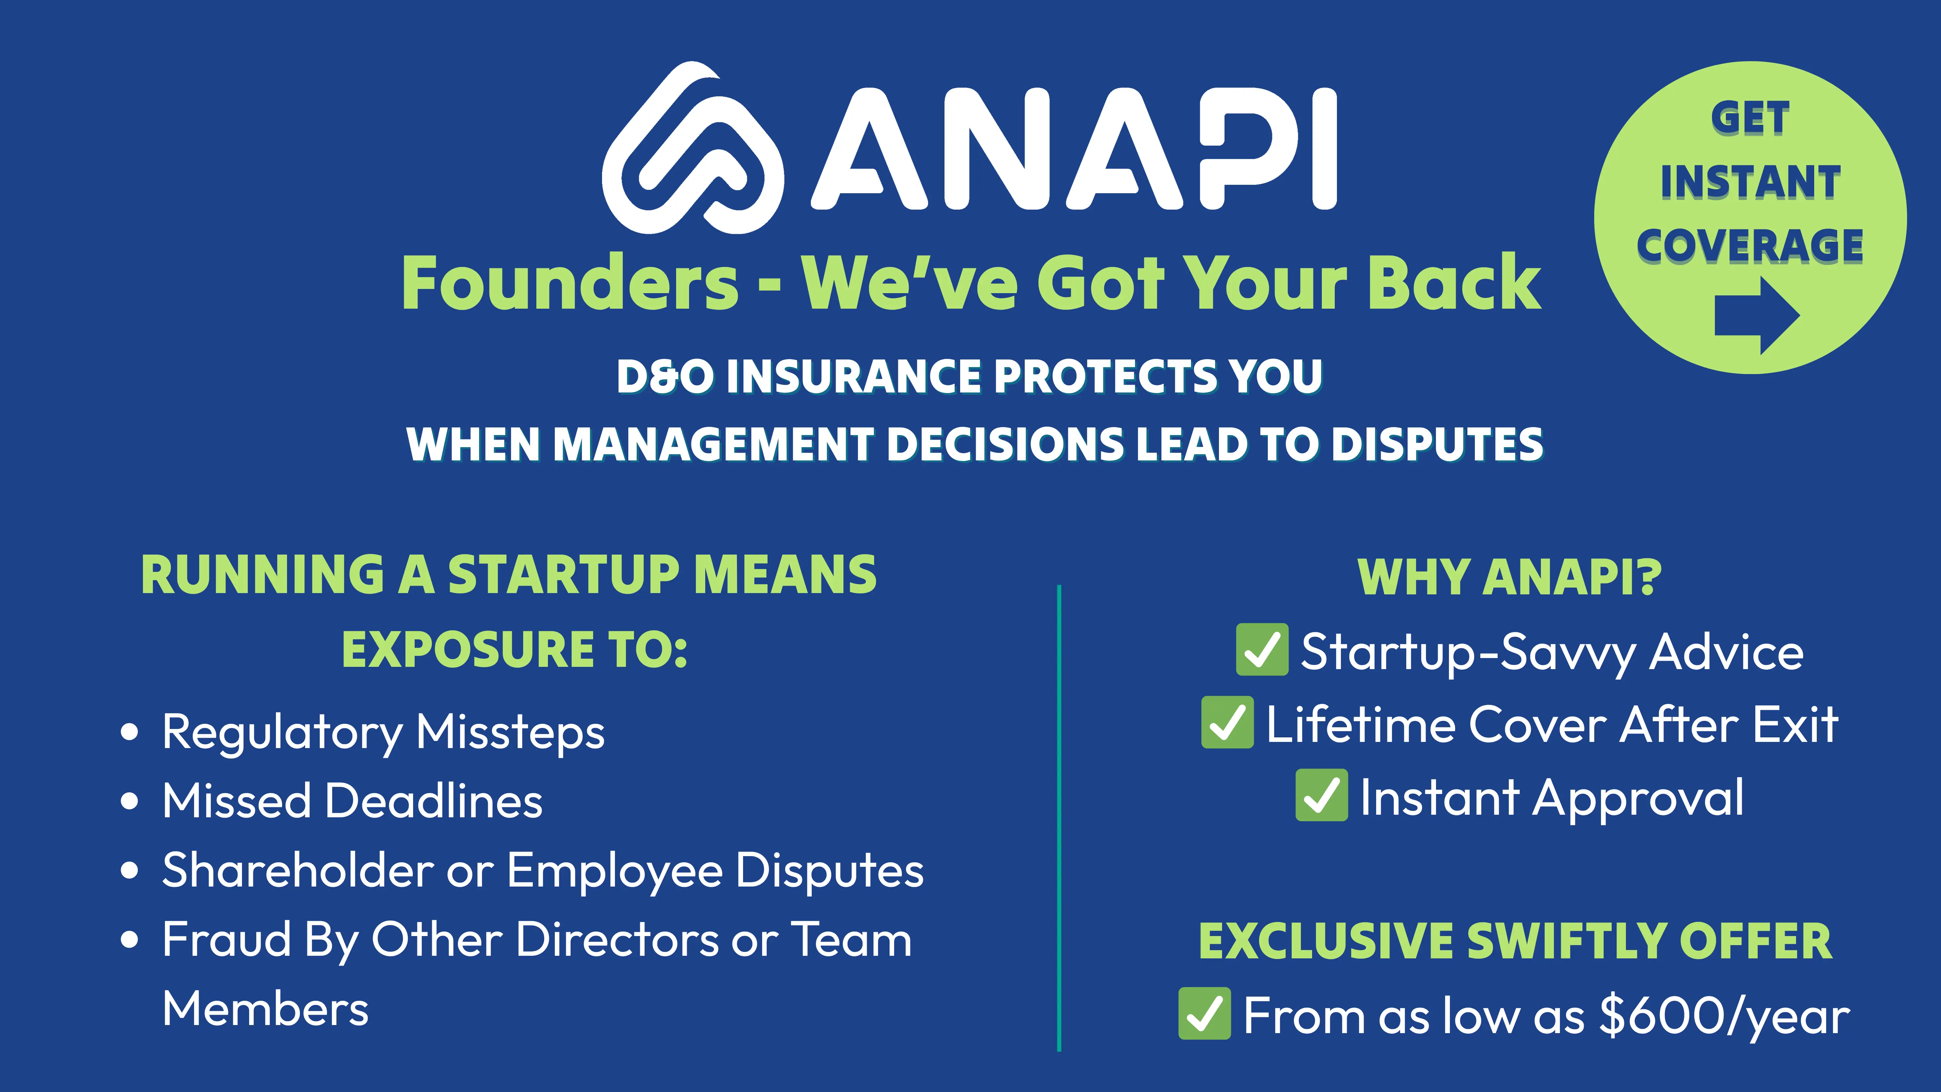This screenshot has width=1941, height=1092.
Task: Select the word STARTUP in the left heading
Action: (564, 575)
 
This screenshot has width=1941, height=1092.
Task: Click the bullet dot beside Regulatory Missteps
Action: (130, 733)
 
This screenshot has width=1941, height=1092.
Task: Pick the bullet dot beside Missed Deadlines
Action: (130, 802)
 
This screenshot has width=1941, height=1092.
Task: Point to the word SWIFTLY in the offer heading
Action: (1564, 941)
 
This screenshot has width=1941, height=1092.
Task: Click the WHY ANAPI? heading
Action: (1509, 577)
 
